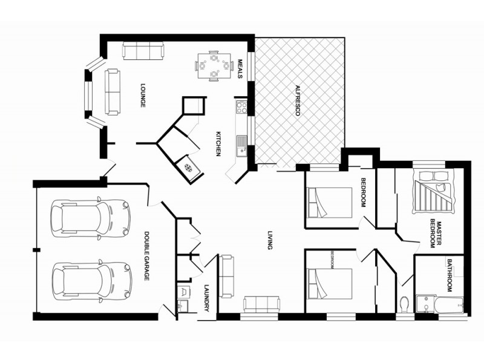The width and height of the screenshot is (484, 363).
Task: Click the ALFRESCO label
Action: tap(298, 103)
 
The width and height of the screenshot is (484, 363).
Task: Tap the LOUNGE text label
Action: tap(143, 96)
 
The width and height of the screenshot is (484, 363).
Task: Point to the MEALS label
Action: tap(240, 68)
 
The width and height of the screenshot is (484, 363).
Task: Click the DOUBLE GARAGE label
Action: tap(146, 256)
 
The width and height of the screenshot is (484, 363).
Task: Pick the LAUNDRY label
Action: tap(206, 298)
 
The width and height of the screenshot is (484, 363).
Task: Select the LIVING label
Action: tap(269, 238)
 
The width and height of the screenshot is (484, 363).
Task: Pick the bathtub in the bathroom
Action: tap(450, 303)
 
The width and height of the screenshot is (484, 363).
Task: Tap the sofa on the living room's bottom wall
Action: tap(261, 304)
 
